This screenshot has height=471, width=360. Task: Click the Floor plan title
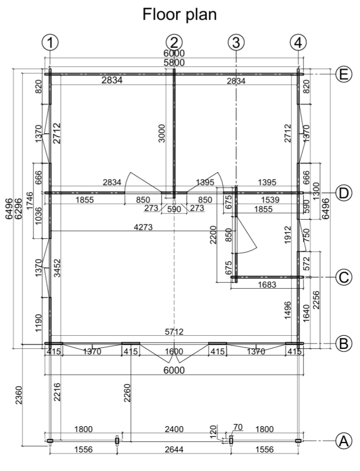(x=179, y=14)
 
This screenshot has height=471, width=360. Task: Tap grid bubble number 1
(x=50, y=42)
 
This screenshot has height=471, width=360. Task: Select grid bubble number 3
(x=236, y=42)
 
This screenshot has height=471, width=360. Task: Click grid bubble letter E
(x=344, y=74)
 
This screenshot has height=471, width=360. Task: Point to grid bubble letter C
(x=344, y=277)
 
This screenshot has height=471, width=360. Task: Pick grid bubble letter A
(x=344, y=441)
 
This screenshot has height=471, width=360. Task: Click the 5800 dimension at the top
(x=174, y=63)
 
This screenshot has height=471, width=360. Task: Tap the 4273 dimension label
(x=143, y=227)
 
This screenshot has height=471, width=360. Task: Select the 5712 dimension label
(x=174, y=332)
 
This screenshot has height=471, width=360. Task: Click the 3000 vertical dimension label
(x=162, y=134)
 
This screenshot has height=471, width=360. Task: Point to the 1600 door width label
(x=174, y=351)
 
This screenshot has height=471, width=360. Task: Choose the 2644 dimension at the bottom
(x=174, y=450)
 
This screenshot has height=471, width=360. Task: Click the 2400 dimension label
(x=174, y=429)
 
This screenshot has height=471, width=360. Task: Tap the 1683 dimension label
(x=267, y=284)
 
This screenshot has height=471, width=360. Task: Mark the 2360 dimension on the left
(x=19, y=395)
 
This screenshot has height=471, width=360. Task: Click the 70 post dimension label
(x=238, y=427)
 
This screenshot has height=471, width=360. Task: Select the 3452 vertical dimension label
(x=57, y=268)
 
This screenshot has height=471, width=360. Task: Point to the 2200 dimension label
(x=213, y=235)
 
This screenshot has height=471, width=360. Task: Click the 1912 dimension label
(x=288, y=235)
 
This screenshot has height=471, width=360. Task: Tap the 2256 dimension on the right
(x=316, y=300)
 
